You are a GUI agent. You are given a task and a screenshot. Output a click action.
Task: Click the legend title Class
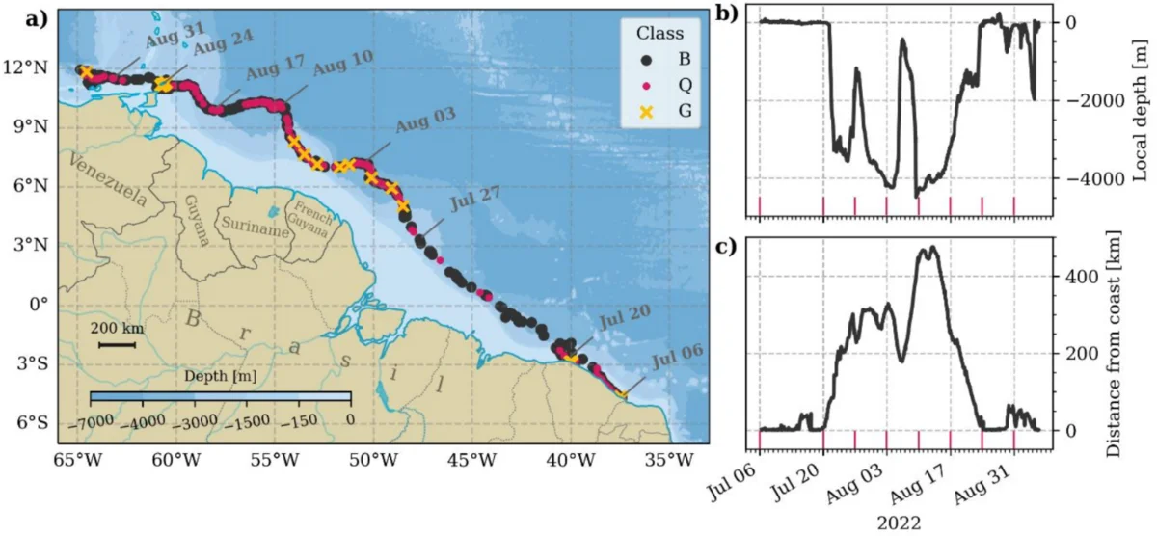(659, 34)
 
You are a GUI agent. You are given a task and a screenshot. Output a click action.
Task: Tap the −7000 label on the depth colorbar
(106, 421)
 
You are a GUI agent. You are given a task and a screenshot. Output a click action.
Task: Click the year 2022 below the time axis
(898, 523)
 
